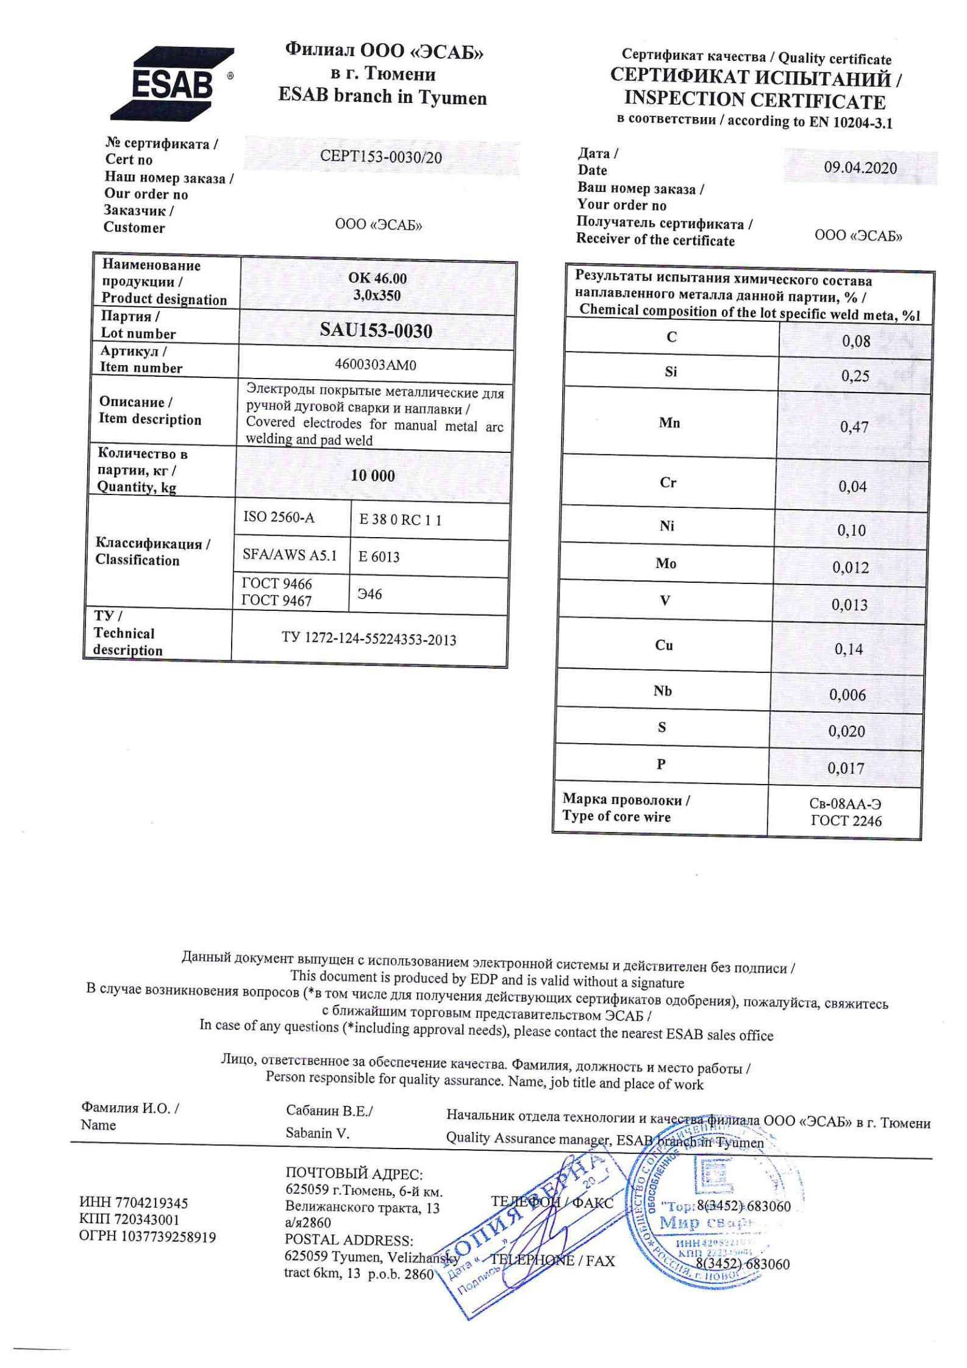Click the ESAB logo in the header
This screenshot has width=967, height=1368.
click(173, 84)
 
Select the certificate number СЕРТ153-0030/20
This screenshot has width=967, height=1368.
click(381, 157)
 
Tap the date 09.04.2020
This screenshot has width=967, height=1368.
click(860, 168)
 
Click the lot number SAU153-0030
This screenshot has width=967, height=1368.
click(376, 330)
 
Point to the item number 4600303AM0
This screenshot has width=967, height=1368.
click(376, 365)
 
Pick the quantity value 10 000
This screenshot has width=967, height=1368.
click(373, 476)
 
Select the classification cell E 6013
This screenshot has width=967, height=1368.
click(379, 557)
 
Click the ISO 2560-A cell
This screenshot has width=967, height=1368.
click(279, 518)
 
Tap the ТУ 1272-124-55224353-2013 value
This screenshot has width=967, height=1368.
click(369, 639)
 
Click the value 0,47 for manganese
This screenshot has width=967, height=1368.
click(854, 427)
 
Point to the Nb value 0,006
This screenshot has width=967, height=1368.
click(847, 694)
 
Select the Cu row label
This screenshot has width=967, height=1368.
click(664, 645)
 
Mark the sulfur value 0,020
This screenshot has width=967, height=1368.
click(846, 731)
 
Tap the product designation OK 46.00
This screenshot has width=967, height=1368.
click(377, 278)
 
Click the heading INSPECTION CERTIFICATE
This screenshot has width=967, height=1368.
click(755, 99)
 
